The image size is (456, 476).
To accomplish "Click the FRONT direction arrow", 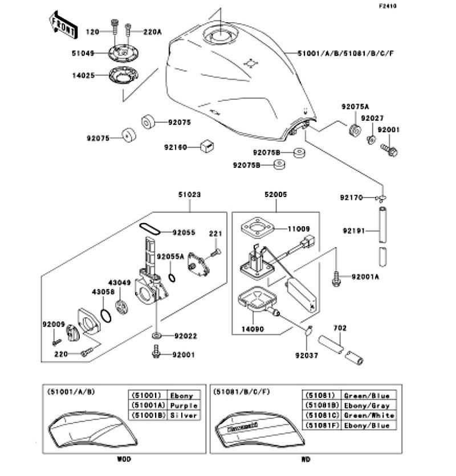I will click(61, 24).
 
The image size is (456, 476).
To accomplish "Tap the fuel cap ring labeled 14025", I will click(124, 75).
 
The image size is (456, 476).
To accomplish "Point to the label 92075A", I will click(355, 106).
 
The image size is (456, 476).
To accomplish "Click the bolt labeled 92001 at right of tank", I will click(390, 150).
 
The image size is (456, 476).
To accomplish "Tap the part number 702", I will click(340, 329).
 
